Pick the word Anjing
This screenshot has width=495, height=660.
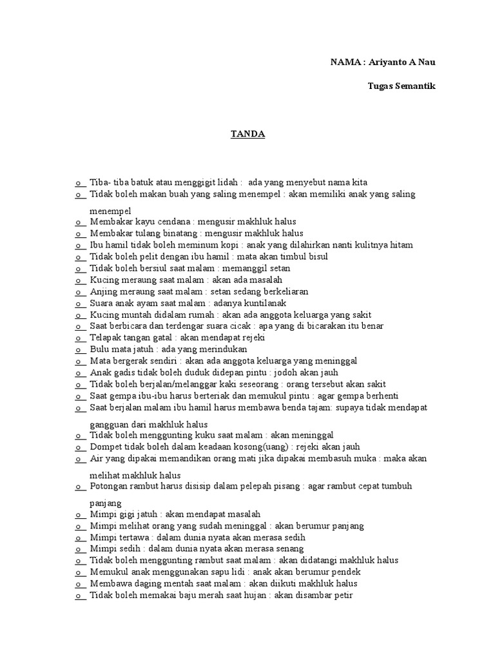(x=103, y=291)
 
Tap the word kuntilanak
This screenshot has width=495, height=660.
(x=262, y=303)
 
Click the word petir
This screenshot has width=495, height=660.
(x=341, y=596)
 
